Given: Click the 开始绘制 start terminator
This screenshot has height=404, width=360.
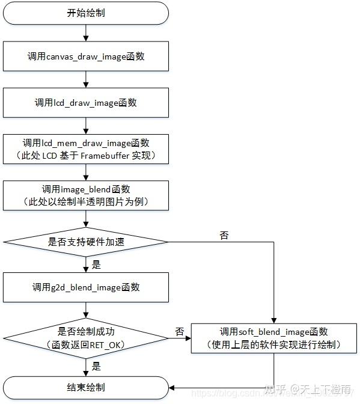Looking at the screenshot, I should coord(86,13).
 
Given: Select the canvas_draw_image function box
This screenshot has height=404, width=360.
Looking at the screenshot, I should coord(86,57).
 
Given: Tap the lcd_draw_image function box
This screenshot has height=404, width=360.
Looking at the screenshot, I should coord(86,102).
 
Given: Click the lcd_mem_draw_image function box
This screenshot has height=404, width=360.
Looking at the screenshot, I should coord(86,148).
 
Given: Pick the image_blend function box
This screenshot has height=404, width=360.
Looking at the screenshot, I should coord(86,195).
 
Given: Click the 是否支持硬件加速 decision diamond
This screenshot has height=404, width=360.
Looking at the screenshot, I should coord(86,242).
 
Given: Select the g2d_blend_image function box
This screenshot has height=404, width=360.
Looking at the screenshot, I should coord(86,287).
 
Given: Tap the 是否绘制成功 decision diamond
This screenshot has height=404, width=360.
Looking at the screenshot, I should coord(86,337).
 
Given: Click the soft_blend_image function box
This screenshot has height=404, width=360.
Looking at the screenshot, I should coord(273,338).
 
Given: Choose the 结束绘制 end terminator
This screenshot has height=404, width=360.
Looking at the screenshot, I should coord(86,387).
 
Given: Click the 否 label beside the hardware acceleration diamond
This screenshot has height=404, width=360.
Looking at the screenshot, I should coord(224,236).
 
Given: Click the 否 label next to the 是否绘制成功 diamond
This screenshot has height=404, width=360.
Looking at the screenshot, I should coord(179,331).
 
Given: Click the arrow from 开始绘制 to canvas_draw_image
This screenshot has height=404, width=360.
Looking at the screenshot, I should coord(86,32).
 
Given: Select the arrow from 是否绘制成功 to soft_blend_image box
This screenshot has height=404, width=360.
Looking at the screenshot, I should coord(180,338).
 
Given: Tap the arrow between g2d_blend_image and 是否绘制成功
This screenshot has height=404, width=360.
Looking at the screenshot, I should coord(86,311).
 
